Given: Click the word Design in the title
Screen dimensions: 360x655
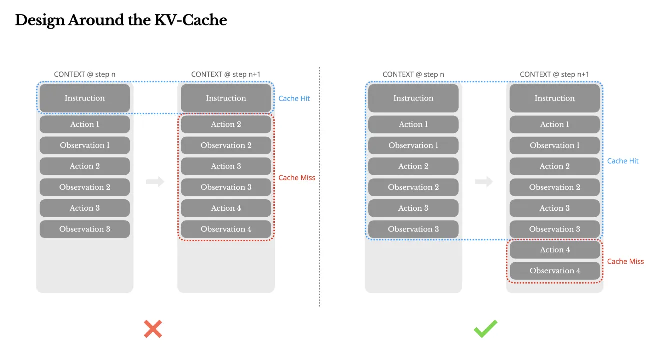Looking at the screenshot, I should pos(39,20).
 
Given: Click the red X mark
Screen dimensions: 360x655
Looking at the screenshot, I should pos(153,329).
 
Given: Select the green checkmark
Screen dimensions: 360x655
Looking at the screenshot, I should pos(485,329).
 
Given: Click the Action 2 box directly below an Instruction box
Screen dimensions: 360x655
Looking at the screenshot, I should pos(226,124).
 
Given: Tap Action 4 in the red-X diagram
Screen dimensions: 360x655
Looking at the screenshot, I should pos(226,208).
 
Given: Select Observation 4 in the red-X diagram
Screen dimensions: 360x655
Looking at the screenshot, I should pos(226,229).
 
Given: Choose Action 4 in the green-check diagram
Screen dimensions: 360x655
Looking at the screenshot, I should pos(554,250).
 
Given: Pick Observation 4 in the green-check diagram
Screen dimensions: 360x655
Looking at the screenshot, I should pos(554,271).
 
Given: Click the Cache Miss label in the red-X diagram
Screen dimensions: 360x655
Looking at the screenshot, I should pos(297,178).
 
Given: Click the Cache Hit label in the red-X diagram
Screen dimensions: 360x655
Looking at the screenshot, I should pos(294,99).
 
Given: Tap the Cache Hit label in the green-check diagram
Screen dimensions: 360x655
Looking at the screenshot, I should pos(623,161).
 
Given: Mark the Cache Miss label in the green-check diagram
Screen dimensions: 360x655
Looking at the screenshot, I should pos(625,261).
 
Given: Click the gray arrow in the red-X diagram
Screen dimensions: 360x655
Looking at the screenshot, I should pos(155,182).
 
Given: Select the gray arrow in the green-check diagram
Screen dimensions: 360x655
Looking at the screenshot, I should pos(484,182).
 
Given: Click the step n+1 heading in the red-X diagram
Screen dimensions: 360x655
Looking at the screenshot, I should pos(226,74).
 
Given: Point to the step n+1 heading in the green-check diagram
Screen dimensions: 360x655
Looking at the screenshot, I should pos(554,74).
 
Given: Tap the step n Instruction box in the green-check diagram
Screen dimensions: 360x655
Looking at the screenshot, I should pos(413,98).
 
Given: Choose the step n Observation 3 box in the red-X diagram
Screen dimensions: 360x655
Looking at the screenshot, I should pos(85,229).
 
